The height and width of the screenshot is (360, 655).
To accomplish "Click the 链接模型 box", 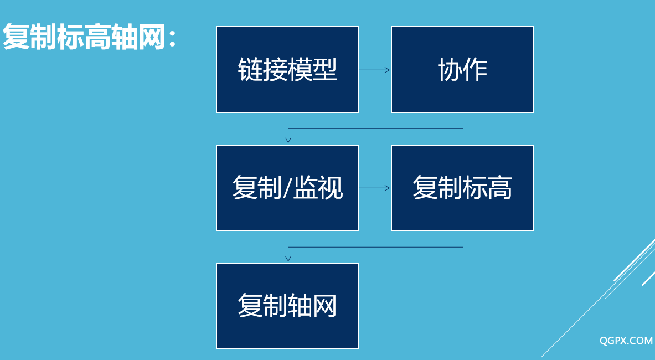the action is coord(287,69).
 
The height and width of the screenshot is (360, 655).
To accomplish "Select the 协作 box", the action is coord(462,69).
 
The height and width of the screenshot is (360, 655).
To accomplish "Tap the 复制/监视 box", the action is coord(287,188).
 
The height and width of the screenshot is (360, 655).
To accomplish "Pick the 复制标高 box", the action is coord(462,188).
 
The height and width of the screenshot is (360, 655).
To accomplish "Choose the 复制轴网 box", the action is coord(287,306).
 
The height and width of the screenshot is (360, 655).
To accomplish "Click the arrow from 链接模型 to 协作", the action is coord(375,70).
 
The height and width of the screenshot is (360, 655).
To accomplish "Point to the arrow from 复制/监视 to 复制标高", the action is coord(375,188).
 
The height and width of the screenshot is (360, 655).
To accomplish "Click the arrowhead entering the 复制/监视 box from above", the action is coord(288,140).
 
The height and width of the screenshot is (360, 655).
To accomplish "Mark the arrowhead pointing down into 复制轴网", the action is coord(288,258).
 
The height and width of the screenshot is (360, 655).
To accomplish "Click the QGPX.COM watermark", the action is coord(626,341).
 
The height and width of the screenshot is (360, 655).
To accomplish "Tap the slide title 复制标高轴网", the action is coord(84,37).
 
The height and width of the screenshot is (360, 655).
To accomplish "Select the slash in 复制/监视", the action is coord(287,188).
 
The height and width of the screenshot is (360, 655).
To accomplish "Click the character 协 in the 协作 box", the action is coord(450,69).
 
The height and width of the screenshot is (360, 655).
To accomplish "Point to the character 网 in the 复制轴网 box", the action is coord(324,306).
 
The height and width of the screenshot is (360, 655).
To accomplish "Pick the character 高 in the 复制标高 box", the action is coord(499,188).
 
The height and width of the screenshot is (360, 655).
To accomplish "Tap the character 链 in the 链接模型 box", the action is coord(250,69).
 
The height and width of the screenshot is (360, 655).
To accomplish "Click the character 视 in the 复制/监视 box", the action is coord(330,188).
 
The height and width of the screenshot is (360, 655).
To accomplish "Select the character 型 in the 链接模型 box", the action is coord(324,69).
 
